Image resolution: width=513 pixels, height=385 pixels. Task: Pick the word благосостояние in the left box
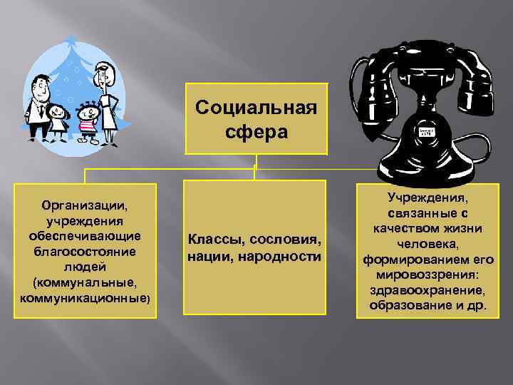pos(85,252)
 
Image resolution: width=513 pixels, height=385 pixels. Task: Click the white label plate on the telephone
pos(427,133)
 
